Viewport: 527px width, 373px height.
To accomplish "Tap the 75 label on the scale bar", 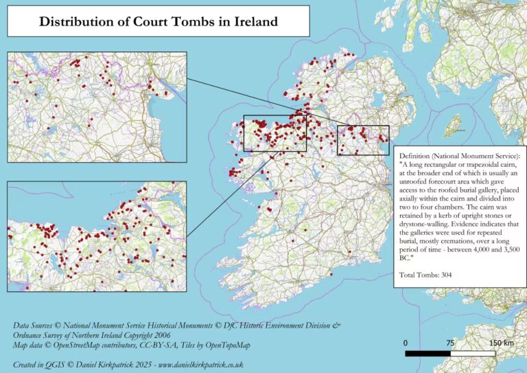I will [x=450, y=342].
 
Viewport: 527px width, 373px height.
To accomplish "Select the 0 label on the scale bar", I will [x=406, y=342].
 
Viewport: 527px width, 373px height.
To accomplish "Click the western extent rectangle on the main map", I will [x=275, y=133].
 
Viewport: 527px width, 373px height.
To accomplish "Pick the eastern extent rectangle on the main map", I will [x=363, y=140].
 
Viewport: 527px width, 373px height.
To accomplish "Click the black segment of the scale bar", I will [x=428, y=354].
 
